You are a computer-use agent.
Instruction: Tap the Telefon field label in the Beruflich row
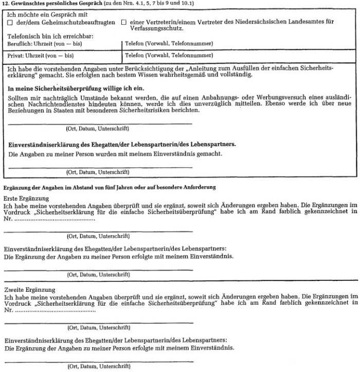point(169,44)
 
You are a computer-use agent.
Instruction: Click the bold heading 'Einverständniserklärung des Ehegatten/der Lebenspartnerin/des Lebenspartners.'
point(122,144)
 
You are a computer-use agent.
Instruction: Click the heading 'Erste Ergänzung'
point(26,198)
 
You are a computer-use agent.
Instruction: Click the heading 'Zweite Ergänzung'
point(28,290)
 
